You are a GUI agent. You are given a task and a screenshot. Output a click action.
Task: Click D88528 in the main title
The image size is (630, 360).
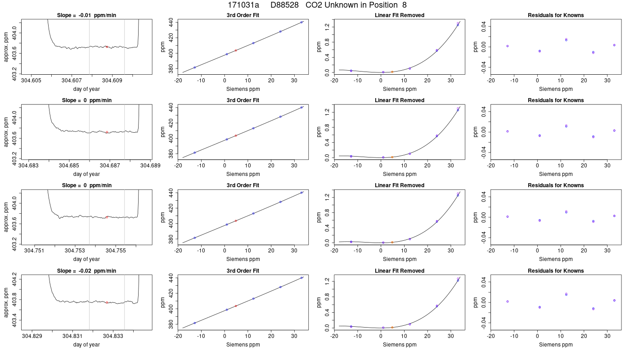[284, 5]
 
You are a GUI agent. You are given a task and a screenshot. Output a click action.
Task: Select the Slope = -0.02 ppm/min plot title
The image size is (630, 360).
[86, 271]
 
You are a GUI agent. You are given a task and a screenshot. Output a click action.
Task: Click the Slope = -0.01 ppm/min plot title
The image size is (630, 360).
[86, 15]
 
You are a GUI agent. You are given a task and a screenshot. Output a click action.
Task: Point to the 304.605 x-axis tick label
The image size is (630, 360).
[31, 81]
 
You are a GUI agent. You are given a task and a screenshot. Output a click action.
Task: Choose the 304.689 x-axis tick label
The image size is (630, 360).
[150, 166]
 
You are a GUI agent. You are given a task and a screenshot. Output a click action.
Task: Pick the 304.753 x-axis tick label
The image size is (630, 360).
[75, 251]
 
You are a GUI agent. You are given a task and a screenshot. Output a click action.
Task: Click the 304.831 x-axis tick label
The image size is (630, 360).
[72, 336]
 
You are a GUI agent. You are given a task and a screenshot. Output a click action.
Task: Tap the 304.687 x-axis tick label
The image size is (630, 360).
[110, 166]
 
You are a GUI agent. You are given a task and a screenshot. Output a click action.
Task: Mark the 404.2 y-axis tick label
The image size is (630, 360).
[14, 279]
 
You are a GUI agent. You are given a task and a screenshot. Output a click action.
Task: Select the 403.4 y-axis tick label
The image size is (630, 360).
[14, 320]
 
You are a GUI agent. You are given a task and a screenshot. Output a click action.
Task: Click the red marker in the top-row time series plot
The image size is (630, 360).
[107, 47]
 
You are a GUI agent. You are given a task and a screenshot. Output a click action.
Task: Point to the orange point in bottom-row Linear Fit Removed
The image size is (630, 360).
[392, 328]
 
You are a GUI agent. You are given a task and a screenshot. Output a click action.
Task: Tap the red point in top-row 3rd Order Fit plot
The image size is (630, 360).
[236, 50]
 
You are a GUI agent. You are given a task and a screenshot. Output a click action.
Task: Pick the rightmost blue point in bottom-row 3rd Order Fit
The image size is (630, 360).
[301, 278]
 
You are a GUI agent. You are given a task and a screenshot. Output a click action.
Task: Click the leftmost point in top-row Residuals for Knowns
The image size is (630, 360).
[508, 46]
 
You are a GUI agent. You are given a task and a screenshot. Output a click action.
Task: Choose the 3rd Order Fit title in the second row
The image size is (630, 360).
[243, 100]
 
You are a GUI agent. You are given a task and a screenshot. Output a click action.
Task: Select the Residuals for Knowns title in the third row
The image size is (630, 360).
[556, 185]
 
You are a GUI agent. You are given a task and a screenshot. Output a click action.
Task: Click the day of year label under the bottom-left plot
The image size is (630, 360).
[86, 345]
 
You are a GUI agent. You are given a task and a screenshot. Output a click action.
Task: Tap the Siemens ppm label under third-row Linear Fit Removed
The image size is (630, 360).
[400, 259]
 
